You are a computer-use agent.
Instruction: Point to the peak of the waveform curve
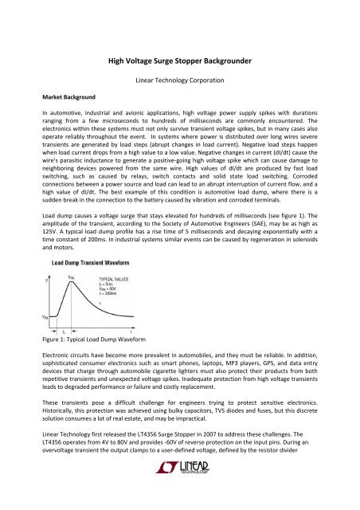[73, 257]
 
